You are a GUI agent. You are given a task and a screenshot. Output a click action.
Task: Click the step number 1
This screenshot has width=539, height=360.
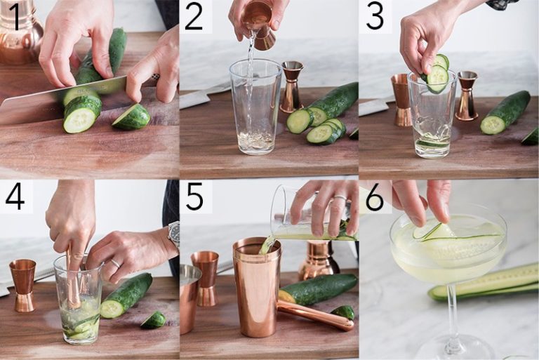[15, 17]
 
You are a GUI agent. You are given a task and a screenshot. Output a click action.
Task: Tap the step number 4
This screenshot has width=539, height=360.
[15, 197]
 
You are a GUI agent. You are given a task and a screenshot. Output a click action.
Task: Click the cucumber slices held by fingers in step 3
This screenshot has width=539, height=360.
[437, 74]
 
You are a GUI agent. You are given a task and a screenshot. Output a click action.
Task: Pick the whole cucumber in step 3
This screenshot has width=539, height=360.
[505, 112]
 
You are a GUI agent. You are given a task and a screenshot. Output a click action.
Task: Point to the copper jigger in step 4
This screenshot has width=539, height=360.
[23, 284]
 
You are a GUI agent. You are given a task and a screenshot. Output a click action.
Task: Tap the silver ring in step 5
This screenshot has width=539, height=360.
[340, 199]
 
